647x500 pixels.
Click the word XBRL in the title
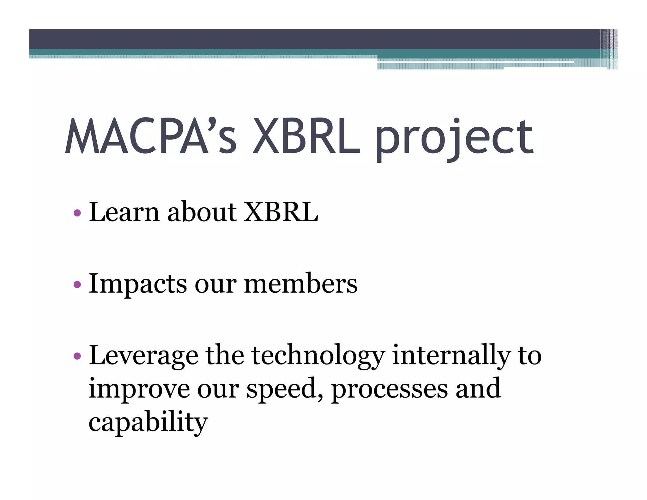pos(306,136)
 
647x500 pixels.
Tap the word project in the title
pos(454,139)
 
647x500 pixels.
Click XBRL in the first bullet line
pos(281,212)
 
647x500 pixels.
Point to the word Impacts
pos(138,284)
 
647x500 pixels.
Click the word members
pos(300,284)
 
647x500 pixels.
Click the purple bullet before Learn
pos(77,213)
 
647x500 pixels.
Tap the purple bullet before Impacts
pos(77,284)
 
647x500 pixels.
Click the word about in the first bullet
pos(202,212)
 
